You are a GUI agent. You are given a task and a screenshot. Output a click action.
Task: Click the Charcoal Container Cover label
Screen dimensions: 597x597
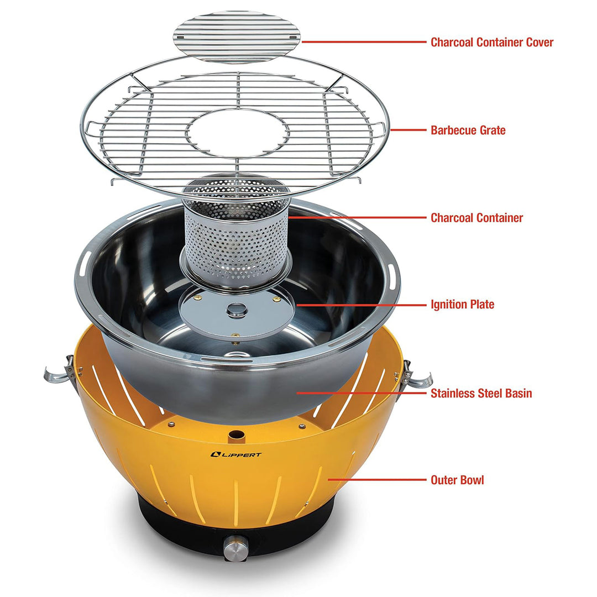point(491,42)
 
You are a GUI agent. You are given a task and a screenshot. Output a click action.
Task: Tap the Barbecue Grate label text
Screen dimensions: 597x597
point(468,130)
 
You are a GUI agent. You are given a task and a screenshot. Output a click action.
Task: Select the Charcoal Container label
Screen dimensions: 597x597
point(476,218)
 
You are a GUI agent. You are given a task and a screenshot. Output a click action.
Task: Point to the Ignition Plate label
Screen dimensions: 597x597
point(462,305)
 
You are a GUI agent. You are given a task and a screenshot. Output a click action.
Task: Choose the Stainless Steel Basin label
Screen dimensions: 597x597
point(481,394)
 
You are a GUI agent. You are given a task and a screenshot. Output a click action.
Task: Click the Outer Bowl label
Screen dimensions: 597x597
point(457,480)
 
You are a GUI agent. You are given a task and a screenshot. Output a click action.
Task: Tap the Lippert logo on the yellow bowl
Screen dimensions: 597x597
point(237,454)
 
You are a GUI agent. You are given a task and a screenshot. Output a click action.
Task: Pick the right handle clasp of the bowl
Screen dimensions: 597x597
point(415,375)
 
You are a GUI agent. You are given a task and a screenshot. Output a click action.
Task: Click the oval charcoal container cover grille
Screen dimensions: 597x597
point(237,36)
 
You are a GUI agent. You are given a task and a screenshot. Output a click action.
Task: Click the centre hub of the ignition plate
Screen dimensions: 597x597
point(237,308)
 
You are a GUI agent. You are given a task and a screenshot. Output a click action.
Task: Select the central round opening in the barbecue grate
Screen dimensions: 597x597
point(237,133)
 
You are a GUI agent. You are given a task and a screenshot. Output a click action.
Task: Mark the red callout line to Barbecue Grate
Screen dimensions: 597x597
point(409,130)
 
